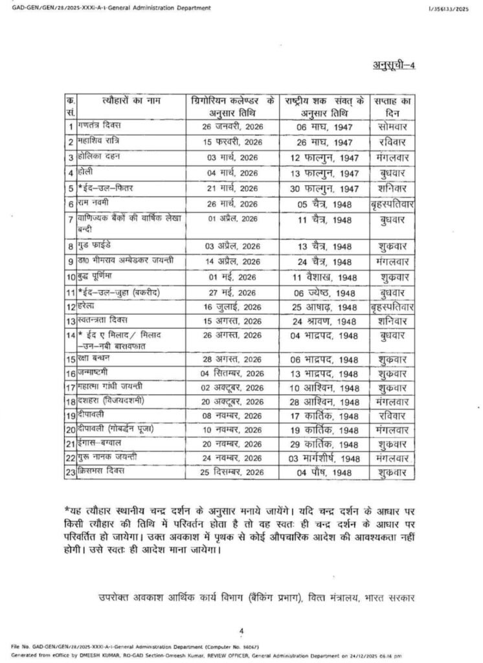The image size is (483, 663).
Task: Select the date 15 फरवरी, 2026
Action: [232, 141]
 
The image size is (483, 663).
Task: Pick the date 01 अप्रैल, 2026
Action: [232, 220]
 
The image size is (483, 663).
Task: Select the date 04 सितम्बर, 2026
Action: [232, 374]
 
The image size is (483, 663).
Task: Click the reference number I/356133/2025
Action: [447, 8]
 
